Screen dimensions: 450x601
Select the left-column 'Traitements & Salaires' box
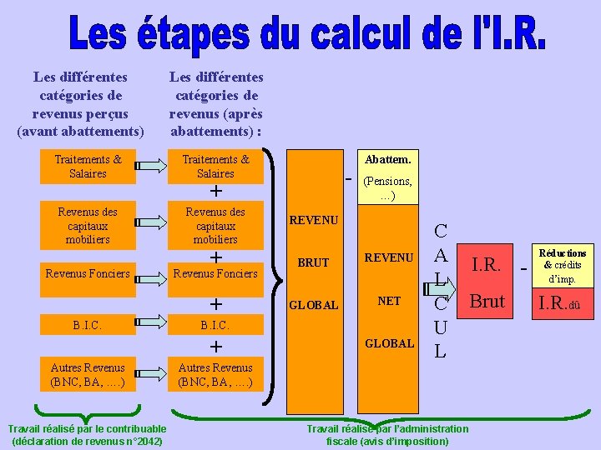(88, 166)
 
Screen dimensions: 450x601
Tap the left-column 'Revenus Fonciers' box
(88, 273)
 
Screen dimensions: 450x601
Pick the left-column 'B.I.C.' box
(88, 323)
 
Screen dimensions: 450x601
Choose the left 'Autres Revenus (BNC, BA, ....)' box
(88, 374)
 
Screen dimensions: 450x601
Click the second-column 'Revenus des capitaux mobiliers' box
(215, 226)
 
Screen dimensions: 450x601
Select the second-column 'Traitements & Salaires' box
(215, 166)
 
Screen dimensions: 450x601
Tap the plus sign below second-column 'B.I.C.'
(215, 346)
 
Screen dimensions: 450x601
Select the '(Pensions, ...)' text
(387, 188)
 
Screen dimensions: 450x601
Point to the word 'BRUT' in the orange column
(314, 262)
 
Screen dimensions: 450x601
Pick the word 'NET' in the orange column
(389, 301)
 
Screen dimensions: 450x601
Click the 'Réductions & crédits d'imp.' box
(563, 265)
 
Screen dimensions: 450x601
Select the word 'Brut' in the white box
(487, 301)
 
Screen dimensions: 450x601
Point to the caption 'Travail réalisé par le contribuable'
(86, 429)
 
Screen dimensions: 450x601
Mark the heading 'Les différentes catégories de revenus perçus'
(80, 104)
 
